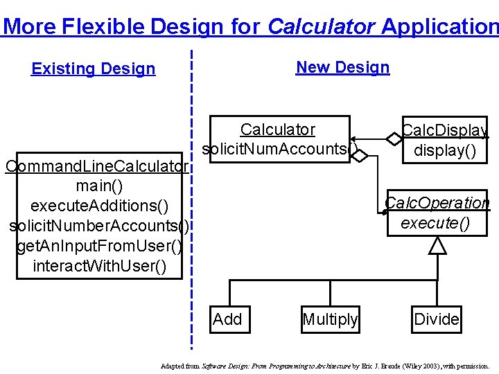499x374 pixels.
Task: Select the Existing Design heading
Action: [x=94, y=69]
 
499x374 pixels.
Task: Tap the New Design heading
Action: [x=342, y=67]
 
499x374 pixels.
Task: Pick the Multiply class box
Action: [x=330, y=319]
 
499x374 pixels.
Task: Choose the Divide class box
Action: [x=436, y=319]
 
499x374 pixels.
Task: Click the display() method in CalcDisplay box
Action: [x=445, y=150]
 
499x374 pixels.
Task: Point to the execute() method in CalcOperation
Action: [x=435, y=223]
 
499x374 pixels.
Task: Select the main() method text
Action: [x=98, y=186]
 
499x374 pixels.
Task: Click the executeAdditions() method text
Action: [x=99, y=206]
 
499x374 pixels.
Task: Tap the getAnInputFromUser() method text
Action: [x=99, y=246]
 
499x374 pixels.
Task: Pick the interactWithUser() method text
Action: [x=99, y=266]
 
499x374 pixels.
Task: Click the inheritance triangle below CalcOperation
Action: [x=437, y=244]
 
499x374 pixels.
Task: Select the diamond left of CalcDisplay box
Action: [x=394, y=139]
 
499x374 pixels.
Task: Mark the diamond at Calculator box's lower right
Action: [x=358, y=157]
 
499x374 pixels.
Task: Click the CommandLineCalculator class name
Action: [x=96, y=166]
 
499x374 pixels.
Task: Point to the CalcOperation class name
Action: [x=437, y=203]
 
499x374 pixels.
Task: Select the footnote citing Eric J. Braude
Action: [x=324, y=365]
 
